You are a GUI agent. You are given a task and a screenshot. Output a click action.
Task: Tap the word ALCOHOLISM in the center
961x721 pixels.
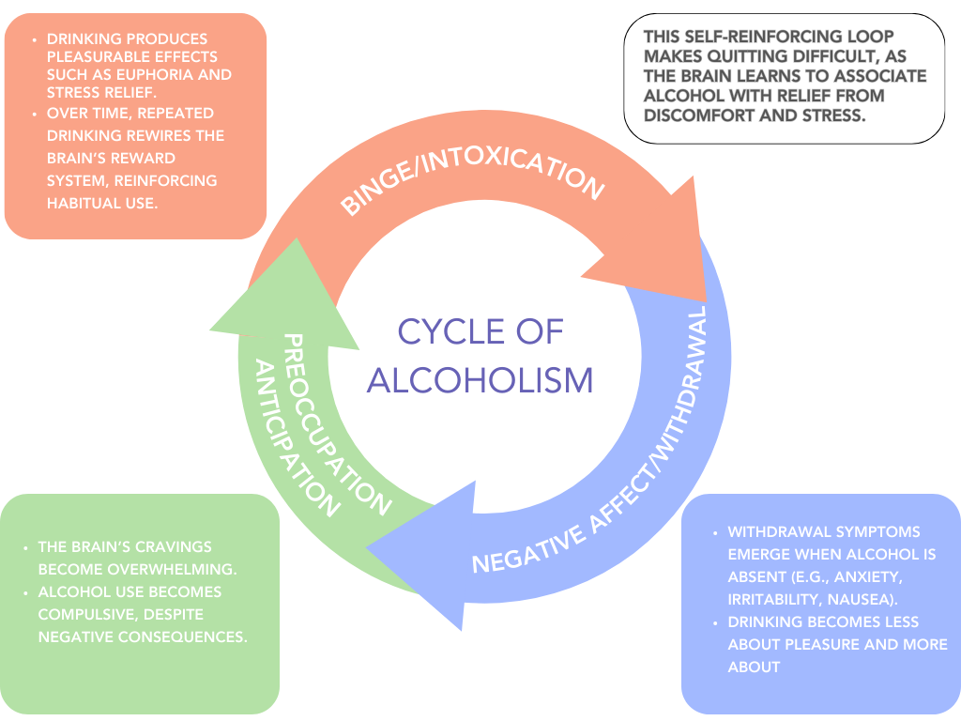[480, 380]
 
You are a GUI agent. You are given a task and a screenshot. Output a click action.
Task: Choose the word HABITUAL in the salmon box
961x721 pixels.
[89, 202]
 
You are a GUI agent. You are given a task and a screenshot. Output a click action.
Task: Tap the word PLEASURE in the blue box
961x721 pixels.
[835, 645]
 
